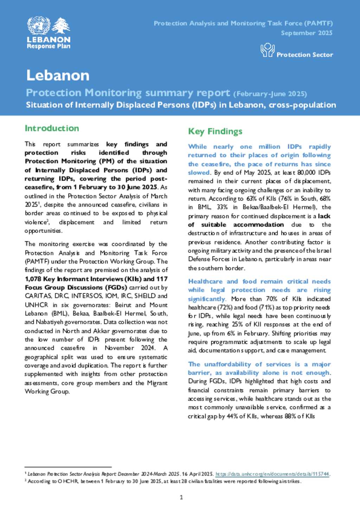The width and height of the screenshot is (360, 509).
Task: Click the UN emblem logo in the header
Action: [x=39, y=25]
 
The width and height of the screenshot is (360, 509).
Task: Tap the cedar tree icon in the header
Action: [x=61, y=25]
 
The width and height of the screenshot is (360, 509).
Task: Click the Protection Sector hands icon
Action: [x=267, y=50]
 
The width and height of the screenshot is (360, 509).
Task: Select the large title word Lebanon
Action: [x=58, y=75]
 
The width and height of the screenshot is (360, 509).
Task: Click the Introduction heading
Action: [x=52, y=128]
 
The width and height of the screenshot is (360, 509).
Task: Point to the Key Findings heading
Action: [x=215, y=131]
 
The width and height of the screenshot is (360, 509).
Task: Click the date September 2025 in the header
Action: [x=307, y=33]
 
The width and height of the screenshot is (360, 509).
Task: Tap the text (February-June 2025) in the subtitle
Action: [x=270, y=94]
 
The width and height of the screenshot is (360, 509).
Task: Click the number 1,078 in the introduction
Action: [x=33, y=279]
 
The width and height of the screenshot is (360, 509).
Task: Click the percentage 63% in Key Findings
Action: [x=251, y=198]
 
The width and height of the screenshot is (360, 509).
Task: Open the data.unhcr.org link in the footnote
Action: [x=272, y=474]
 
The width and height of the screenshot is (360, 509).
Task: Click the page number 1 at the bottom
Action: [x=181, y=497]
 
